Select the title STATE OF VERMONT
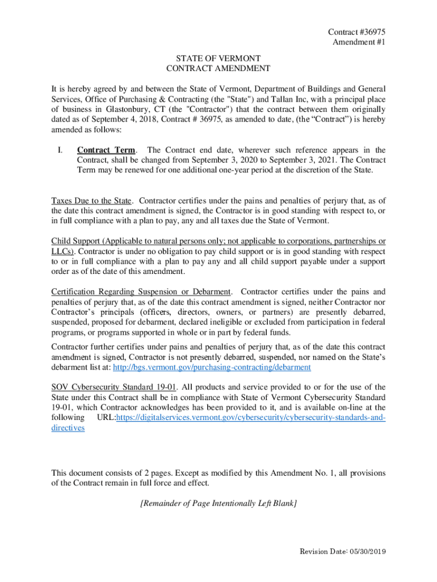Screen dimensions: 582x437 pyautogui.click(x=218, y=59)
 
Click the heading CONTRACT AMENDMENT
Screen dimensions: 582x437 pyautogui.click(x=218, y=69)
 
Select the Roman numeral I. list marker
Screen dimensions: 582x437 pyautogui.click(x=59, y=150)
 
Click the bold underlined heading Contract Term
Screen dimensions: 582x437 pyautogui.click(x=106, y=150)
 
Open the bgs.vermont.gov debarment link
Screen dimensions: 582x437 pyautogui.click(x=212, y=367)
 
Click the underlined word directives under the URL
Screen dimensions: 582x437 pyautogui.click(x=68, y=428)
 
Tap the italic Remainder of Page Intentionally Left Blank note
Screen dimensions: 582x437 pyautogui.click(x=218, y=503)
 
